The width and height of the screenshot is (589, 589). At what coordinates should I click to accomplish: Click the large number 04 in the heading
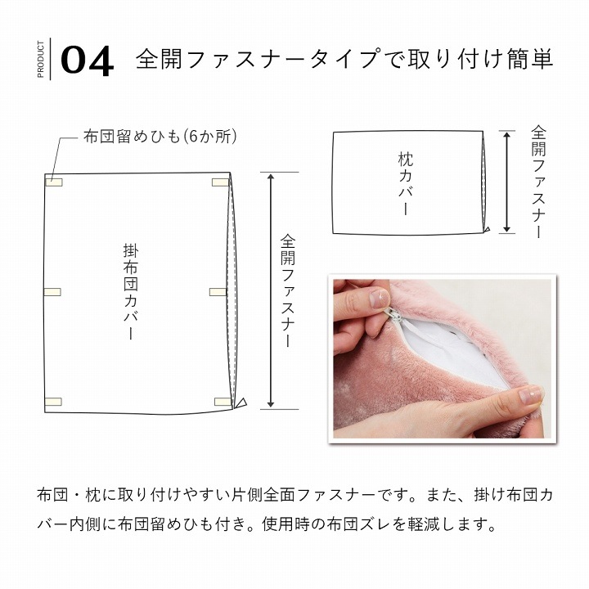pos(88,61)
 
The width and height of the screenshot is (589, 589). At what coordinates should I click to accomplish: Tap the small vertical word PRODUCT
pos(41,60)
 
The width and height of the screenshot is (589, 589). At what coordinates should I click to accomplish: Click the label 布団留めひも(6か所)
pos(160,137)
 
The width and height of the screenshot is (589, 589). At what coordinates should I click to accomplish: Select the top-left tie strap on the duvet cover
pos(54,182)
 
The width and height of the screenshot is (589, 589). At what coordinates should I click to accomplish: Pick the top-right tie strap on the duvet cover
pos(220,182)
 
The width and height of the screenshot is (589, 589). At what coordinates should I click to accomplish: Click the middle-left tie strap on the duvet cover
pos(52,292)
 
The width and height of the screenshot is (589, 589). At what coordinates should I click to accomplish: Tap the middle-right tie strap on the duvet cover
pos(218,292)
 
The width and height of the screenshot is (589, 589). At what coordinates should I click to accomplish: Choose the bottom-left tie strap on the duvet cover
pos(53,402)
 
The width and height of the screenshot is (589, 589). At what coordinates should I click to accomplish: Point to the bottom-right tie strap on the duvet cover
pos(223,402)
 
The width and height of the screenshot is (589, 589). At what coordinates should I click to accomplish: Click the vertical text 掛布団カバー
pos(131,291)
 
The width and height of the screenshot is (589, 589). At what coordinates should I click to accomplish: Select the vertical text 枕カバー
pos(406,183)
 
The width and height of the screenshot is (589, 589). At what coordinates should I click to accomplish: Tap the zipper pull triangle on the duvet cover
pos(241,403)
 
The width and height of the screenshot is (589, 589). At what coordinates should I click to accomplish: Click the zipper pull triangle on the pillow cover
pos(487,230)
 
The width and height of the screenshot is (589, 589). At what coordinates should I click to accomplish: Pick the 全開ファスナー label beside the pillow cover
pos(538,182)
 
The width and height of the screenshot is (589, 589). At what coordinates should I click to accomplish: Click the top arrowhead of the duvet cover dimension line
pos(271,177)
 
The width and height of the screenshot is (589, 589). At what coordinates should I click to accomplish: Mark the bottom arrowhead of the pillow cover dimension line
pos(507,229)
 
